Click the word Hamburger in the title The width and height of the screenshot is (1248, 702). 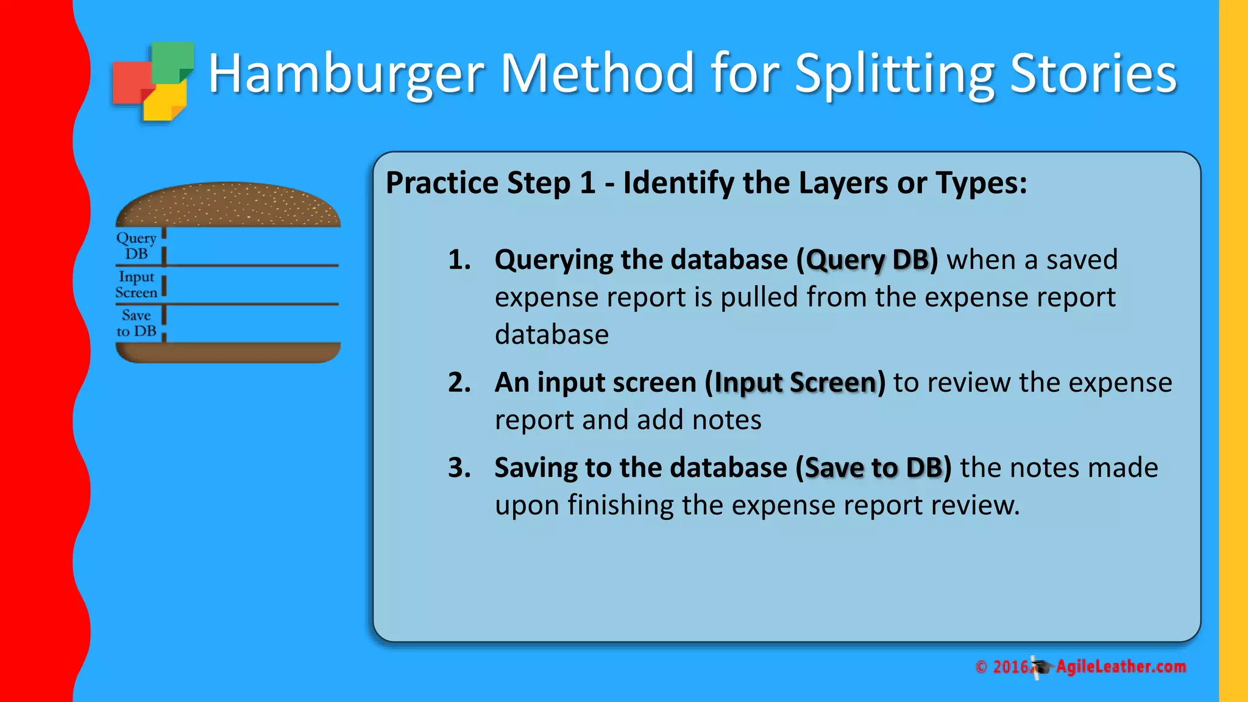point(346,74)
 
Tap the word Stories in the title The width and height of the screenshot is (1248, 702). point(1093,74)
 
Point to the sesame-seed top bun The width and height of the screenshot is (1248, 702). point(228,205)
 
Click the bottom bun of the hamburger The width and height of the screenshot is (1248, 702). point(228,352)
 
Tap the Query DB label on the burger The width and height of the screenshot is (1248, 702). point(136,246)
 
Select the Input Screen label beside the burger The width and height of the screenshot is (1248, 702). point(136,285)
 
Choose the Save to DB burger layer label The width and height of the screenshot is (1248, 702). point(136,323)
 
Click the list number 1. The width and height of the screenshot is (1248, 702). point(459,260)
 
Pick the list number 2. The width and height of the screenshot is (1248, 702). point(459,383)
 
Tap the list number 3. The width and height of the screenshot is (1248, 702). point(459,468)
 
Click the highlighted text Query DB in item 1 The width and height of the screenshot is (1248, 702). point(868,260)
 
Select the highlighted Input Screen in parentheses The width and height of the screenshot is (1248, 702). point(795,383)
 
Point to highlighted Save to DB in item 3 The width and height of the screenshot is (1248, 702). point(874,468)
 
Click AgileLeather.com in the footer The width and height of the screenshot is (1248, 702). point(1121,667)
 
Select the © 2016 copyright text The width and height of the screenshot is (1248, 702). point(1003,667)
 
